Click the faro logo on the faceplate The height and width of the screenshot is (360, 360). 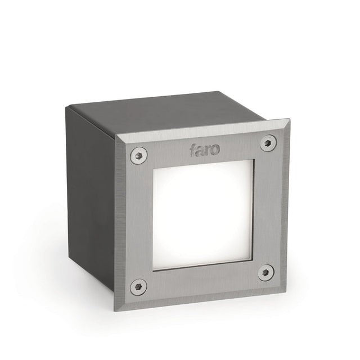(x=205, y=150)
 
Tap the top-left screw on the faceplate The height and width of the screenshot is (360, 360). (x=138, y=155)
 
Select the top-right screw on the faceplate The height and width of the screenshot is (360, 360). (x=268, y=143)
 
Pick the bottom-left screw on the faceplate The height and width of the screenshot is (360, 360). (x=138, y=286)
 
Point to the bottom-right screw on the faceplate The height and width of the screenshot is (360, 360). (x=265, y=272)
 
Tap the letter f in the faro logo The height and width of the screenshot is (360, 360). (x=193, y=150)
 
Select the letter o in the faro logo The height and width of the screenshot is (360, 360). (x=216, y=149)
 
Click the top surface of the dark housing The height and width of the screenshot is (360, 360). (x=169, y=115)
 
